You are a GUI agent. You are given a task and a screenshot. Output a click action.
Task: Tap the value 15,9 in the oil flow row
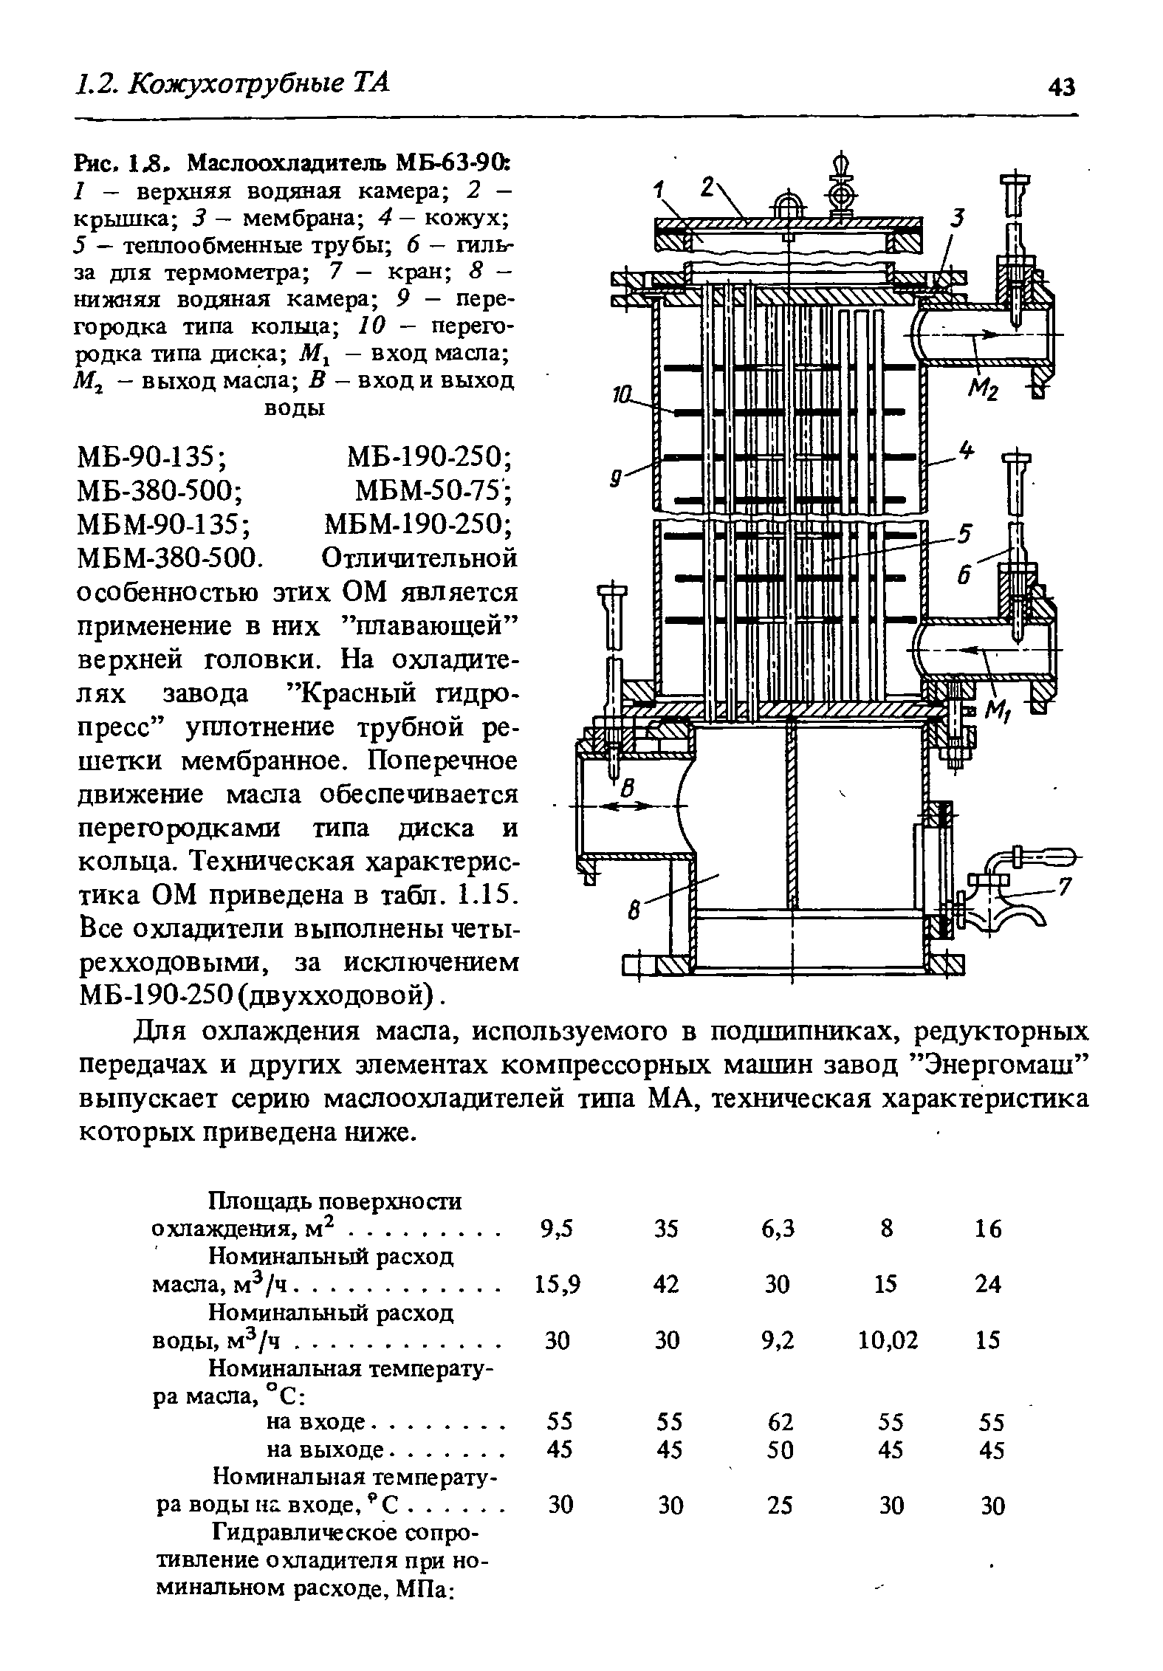pyautogui.click(x=558, y=1285)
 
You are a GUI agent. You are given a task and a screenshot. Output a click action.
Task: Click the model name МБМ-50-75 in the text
pyautogui.click(x=433, y=490)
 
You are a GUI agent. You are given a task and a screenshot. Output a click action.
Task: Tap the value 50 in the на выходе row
pyautogui.click(x=780, y=1450)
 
